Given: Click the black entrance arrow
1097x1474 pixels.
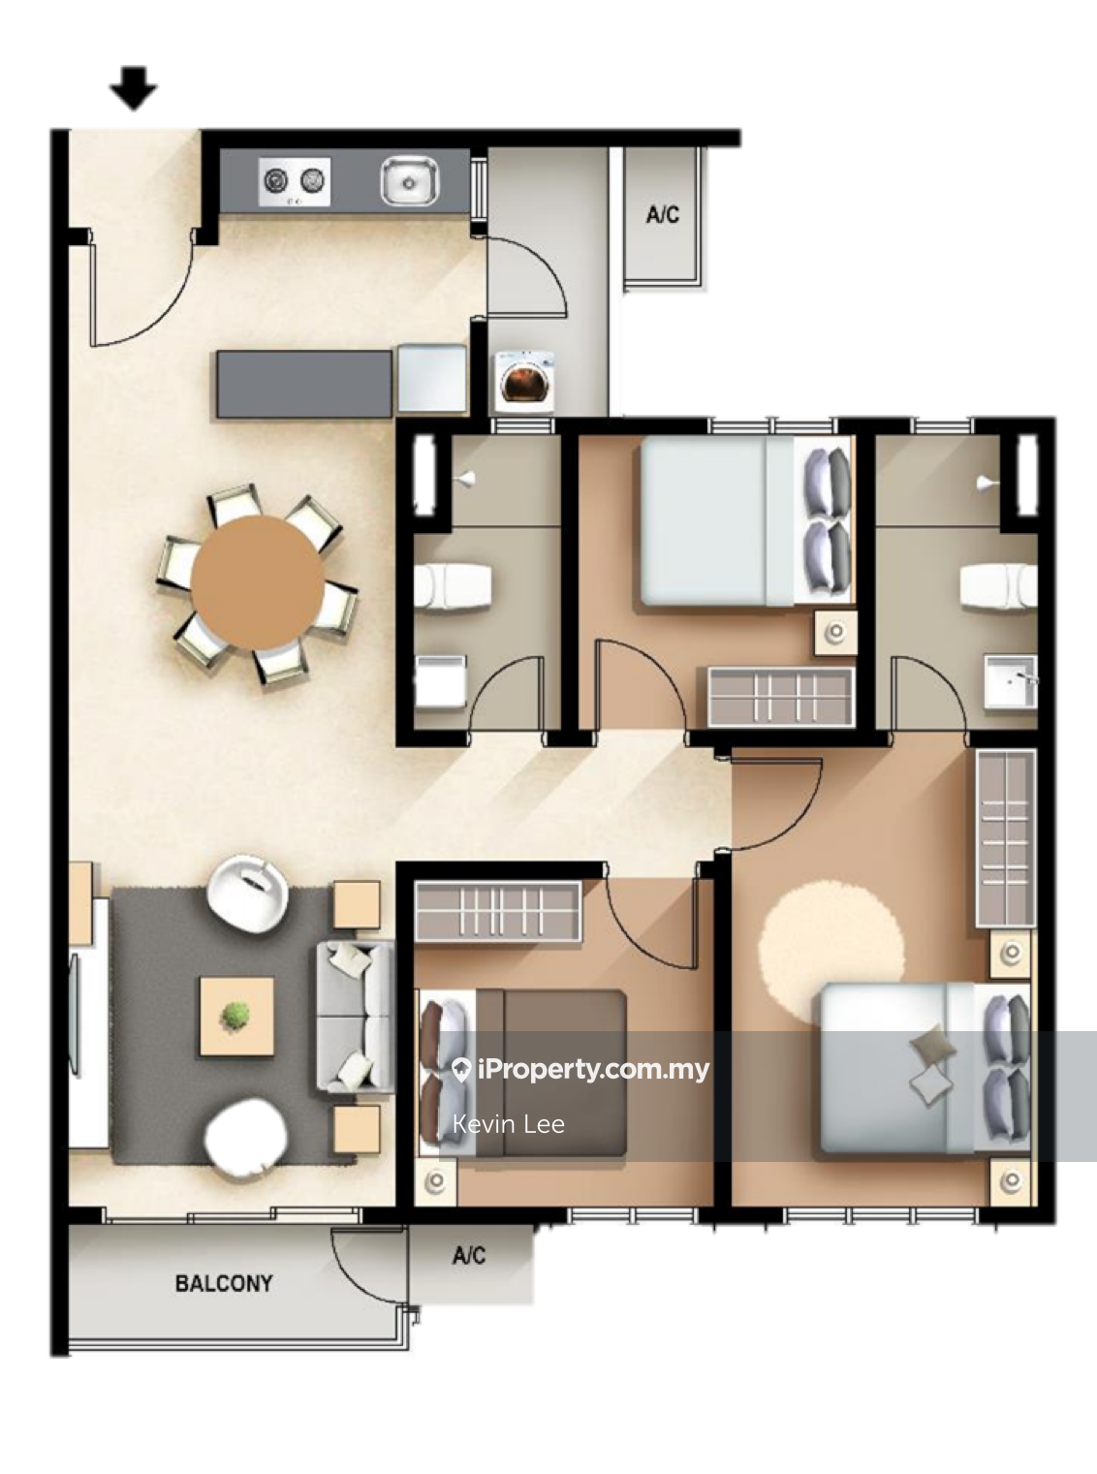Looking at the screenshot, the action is click(x=134, y=88).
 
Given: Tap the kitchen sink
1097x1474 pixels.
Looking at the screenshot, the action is click(x=409, y=180).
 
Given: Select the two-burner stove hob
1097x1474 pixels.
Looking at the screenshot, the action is click(x=295, y=181).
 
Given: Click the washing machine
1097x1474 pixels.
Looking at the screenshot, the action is click(x=525, y=382).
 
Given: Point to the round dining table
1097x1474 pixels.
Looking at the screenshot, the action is click(x=258, y=582).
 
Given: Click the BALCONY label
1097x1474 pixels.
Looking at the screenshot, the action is click(x=224, y=1283).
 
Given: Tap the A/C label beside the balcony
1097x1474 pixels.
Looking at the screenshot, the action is click(x=469, y=1255).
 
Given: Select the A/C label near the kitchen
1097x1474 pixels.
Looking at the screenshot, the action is click(x=663, y=214).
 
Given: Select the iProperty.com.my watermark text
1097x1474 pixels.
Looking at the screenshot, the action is click(x=593, y=1069).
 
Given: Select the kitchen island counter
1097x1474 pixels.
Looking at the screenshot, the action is click(x=304, y=384).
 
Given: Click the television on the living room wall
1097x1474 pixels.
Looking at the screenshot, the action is click(x=75, y=1015).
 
